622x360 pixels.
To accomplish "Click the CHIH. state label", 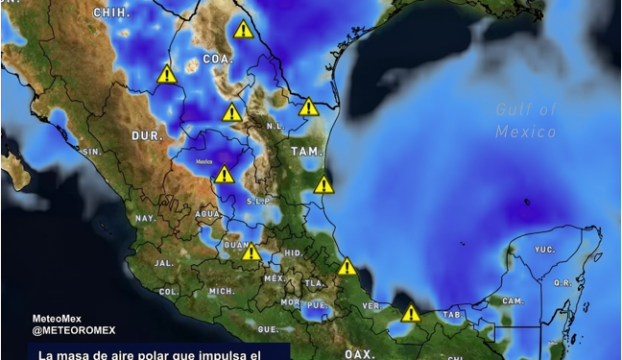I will pyautogui.click(x=112, y=12).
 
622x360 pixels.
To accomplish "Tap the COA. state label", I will pyautogui.click(x=218, y=59).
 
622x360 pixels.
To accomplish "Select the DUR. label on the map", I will pyautogui.click(x=148, y=136).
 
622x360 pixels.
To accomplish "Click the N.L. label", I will pyautogui.click(x=274, y=125).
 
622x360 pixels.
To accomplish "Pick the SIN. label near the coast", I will pyautogui.click(x=92, y=152).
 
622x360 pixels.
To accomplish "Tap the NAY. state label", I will pyautogui.click(x=145, y=219).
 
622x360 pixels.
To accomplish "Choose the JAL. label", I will pyautogui.click(x=163, y=262).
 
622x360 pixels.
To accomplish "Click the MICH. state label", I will pyautogui.click(x=222, y=291).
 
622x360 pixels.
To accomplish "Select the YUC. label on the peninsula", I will pyautogui.click(x=544, y=249).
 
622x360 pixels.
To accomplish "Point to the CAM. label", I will pyautogui.click(x=513, y=300).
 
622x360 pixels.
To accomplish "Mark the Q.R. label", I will pyautogui.click(x=562, y=283).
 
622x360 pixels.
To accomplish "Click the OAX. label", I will pyautogui.click(x=359, y=353).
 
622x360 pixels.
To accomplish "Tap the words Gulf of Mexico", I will pyautogui.click(x=526, y=120).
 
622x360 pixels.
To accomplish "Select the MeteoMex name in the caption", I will pyautogui.click(x=58, y=319).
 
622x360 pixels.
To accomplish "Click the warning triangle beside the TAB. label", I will pyautogui.click(x=411, y=314).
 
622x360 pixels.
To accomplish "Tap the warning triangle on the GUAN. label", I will pyautogui.click(x=251, y=252).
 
